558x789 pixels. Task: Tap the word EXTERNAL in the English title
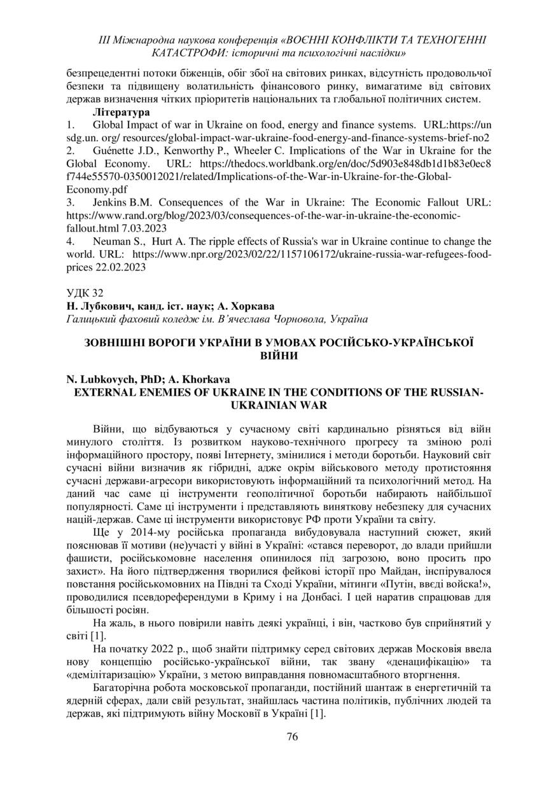point(103,392)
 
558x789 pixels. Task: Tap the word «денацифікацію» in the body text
point(421,662)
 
